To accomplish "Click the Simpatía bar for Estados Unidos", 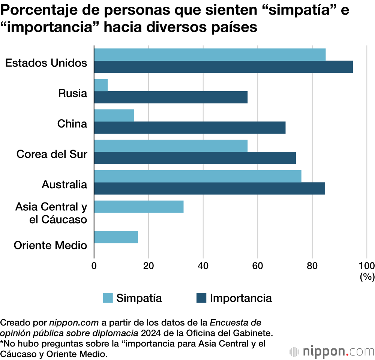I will [x=210, y=55].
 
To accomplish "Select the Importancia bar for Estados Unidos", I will [x=223, y=67].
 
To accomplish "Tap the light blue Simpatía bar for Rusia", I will [x=101, y=85].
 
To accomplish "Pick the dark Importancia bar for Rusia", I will [x=171, y=97].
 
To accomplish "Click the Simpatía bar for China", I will [x=114, y=115].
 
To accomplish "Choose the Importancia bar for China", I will [x=190, y=127].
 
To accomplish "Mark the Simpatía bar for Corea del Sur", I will [x=171, y=146].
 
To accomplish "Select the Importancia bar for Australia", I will [x=209, y=188].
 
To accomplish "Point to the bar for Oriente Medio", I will [x=116, y=237].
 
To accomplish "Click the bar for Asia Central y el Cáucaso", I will [x=139, y=207].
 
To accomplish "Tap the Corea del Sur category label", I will [x=52, y=154].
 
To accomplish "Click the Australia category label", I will [x=64, y=184].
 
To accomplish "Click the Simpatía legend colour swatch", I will [x=108, y=298].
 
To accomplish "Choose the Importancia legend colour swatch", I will [x=201, y=298].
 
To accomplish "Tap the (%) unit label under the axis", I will [x=367, y=277].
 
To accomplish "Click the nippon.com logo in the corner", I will [x=331, y=351].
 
